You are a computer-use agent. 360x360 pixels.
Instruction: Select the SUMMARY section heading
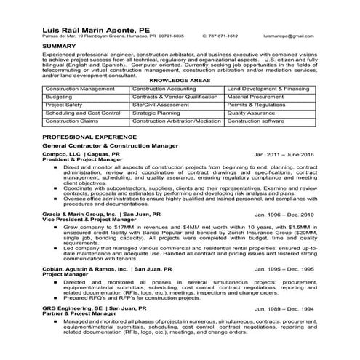pyautogui.click(x=60, y=46)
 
